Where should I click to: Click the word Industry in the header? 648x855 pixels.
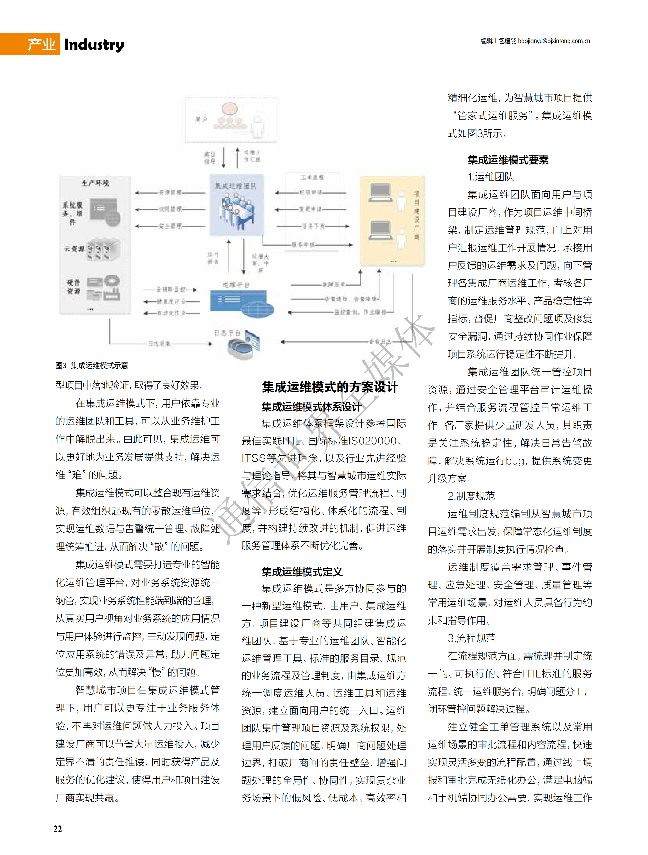[94, 45]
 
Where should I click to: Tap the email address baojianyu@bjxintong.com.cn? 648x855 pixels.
[554, 41]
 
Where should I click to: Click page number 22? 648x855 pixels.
[57, 829]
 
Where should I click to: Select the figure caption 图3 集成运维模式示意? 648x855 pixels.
[91, 366]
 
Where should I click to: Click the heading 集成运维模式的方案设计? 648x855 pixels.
[329, 387]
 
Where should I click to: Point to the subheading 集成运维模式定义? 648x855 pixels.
[302, 572]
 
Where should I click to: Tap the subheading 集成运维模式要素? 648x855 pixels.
[508, 160]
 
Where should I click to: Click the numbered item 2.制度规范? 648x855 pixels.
[471, 496]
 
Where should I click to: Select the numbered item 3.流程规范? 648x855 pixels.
[471, 638]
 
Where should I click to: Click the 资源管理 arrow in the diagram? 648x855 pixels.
[170, 192]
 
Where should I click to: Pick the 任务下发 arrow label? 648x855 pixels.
[313, 226]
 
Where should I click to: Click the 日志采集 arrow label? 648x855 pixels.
[159, 343]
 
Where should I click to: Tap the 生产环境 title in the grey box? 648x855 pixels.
[95, 183]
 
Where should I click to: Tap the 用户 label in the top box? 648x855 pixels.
[201, 119]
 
